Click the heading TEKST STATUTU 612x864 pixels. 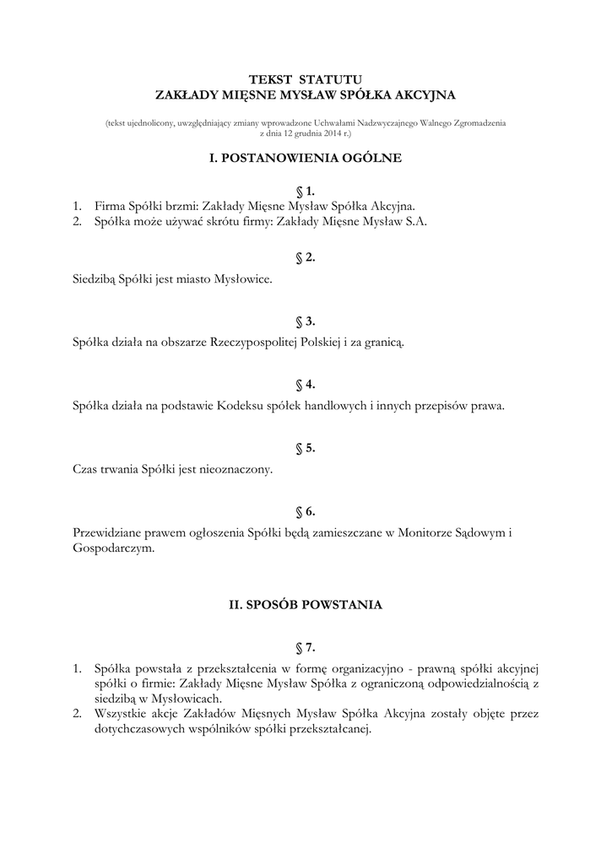306,78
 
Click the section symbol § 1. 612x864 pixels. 306,192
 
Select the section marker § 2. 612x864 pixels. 306,257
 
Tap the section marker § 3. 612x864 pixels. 306,321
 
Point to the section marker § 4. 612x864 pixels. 306,385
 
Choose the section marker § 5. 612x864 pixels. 306,448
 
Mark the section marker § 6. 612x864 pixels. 306,512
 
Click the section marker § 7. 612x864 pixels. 306,649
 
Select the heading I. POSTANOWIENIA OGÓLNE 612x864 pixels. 306,157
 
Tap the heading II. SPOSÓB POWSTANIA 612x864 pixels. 306,605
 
